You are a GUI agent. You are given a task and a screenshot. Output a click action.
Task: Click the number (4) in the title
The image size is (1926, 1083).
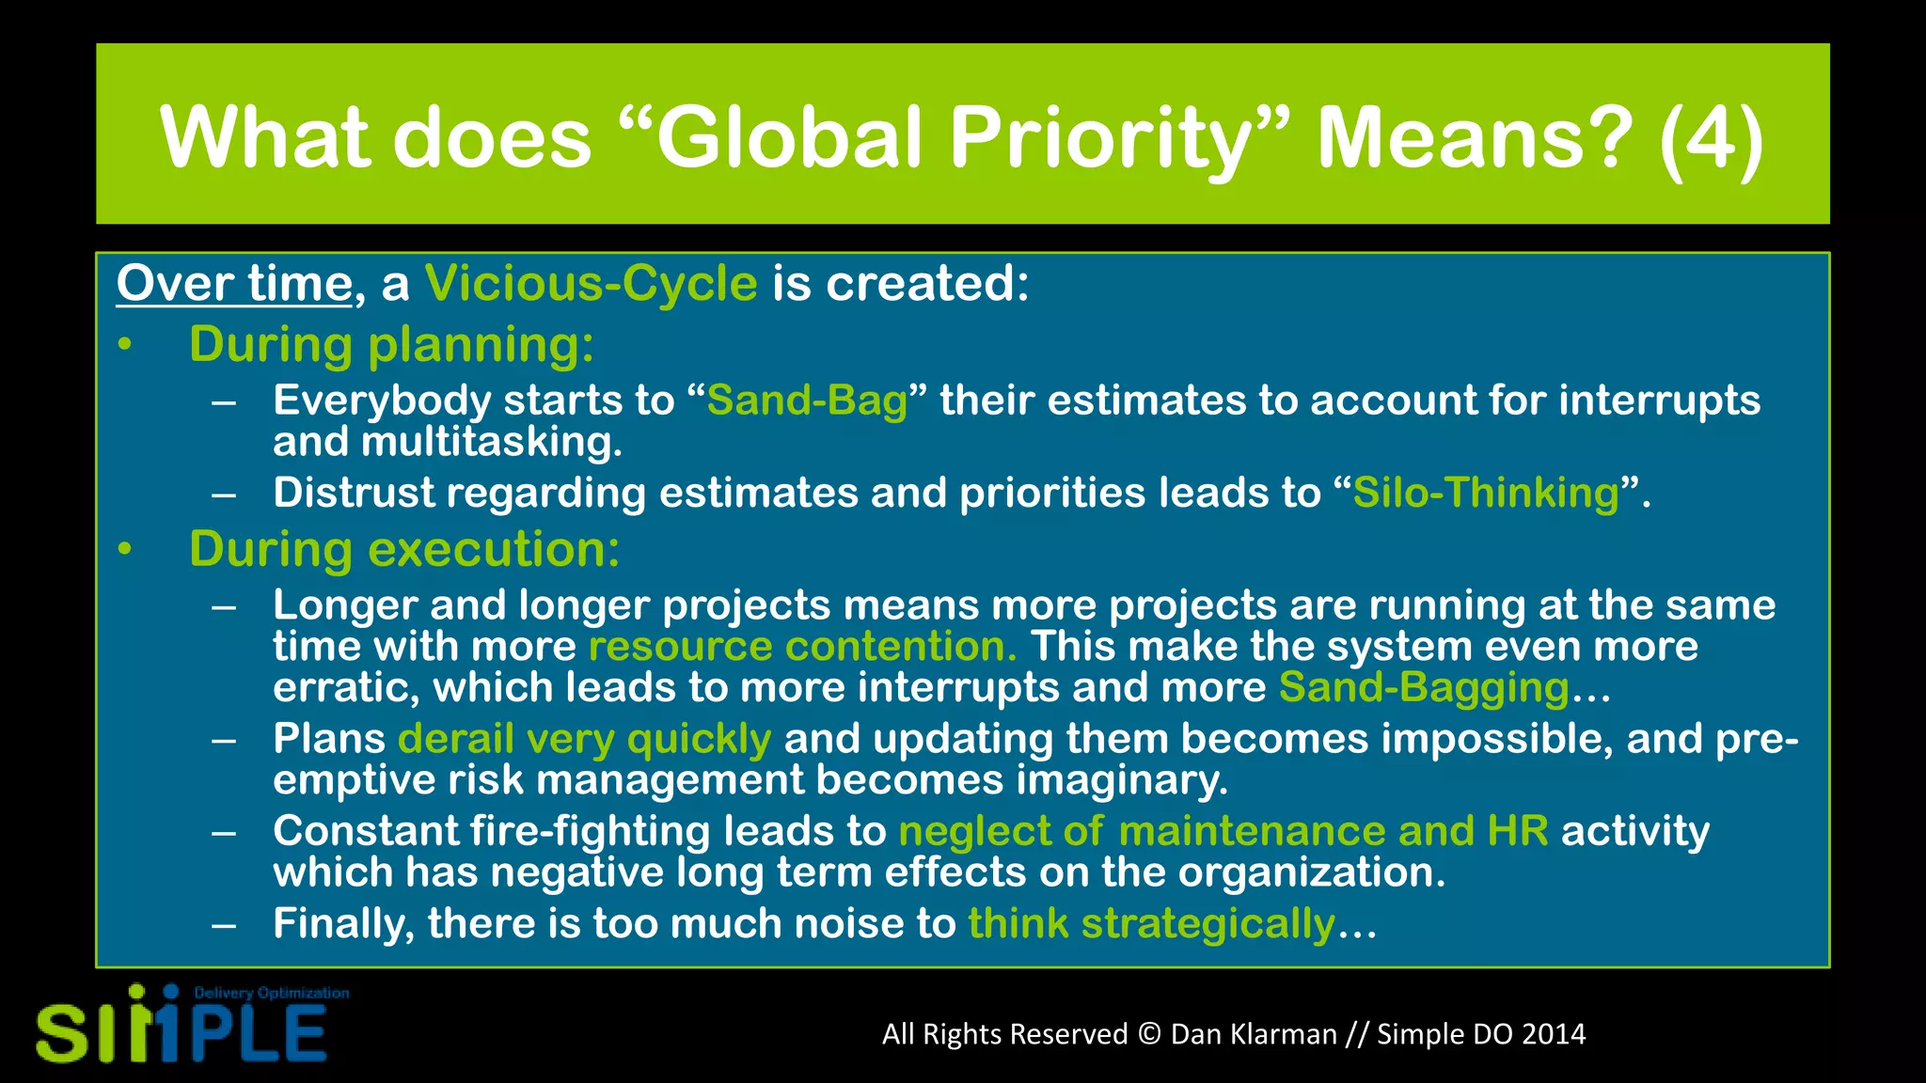(x=1712, y=139)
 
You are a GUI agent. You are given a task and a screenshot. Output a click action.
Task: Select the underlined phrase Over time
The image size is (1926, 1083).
(x=234, y=283)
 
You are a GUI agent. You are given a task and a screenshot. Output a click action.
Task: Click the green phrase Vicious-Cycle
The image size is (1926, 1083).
(x=591, y=283)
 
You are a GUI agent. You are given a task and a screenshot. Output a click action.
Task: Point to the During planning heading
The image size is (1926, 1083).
(x=391, y=344)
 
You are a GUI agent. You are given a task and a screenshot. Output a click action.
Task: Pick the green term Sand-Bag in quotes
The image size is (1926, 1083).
(x=807, y=400)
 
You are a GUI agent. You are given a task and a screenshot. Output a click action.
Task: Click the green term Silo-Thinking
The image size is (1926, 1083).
(x=1486, y=493)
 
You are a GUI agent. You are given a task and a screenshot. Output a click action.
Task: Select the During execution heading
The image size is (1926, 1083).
(x=404, y=549)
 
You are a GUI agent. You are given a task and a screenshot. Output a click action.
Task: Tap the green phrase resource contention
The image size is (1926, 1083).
(x=802, y=647)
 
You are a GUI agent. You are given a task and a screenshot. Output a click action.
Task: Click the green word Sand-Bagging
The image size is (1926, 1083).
(x=1424, y=688)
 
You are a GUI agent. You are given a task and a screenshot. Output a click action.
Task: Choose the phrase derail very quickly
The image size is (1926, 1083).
(x=584, y=739)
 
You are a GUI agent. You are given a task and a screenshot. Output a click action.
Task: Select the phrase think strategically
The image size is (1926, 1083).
(x=1151, y=923)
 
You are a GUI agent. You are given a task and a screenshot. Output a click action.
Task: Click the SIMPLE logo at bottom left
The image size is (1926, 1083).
(x=182, y=1031)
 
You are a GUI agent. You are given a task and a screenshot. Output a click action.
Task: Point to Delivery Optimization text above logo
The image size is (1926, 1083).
(x=271, y=993)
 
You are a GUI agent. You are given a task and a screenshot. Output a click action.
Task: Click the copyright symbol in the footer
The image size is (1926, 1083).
(x=1149, y=1034)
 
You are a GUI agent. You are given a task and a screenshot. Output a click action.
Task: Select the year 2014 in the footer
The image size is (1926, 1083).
(x=1554, y=1034)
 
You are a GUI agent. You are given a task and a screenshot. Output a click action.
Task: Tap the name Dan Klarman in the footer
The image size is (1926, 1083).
(x=1254, y=1034)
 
